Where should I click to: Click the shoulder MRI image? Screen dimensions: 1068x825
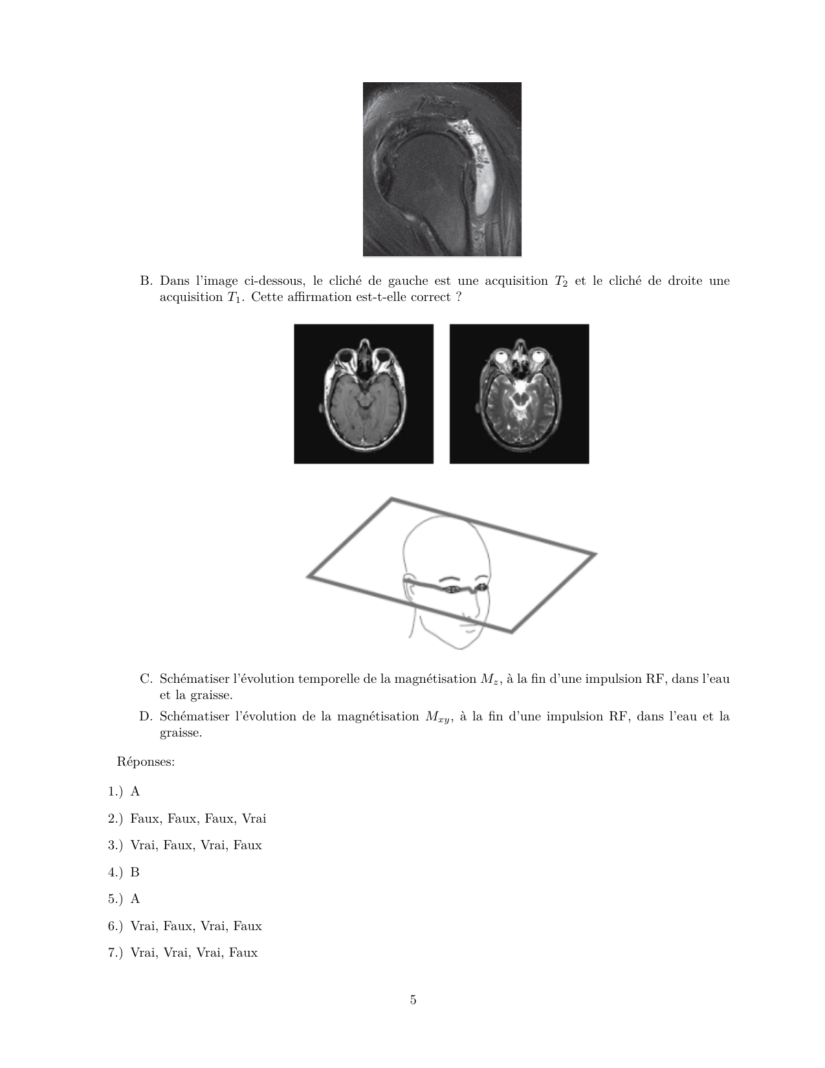(442, 169)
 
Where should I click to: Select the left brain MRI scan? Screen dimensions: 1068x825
(364, 394)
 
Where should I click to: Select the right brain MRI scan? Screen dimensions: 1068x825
(519, 394)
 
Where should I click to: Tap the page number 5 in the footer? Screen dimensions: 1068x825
(413, 999)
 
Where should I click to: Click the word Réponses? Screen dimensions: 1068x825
(146, 761)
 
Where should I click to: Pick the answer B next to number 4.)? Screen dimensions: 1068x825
(135, 872)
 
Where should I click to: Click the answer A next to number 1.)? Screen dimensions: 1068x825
(135, 791)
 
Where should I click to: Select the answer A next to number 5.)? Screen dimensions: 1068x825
(135, 898)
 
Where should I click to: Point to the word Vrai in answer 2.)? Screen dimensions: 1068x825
(254, 818)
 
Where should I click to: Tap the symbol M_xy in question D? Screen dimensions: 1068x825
(437, 717)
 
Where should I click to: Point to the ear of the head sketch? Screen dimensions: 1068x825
(408, 586)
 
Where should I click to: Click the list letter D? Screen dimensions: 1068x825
(145, 717)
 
